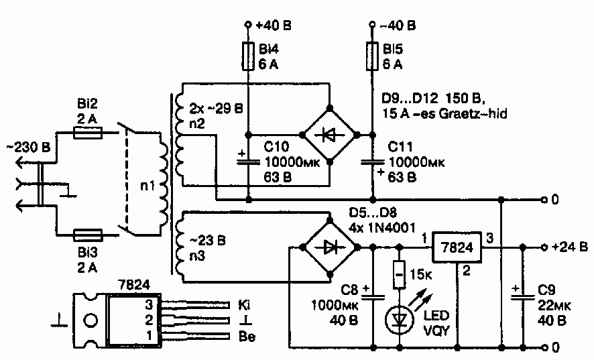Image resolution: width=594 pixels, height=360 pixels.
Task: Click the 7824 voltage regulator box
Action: [457, 247]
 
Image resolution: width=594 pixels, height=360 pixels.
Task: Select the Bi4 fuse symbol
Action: [248, 56]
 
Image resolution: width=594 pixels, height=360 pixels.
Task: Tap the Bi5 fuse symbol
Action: [372, 56]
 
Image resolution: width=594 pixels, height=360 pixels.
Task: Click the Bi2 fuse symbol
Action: [88, 133]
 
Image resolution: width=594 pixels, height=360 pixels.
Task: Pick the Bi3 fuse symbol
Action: [88, 235]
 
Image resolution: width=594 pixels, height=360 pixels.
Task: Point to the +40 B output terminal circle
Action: [248, 25]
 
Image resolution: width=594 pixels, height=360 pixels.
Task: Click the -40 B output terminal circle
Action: [372, 25]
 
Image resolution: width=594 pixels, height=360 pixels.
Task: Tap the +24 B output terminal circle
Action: [544, 247]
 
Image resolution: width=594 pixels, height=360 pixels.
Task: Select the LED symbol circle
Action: [400, 320]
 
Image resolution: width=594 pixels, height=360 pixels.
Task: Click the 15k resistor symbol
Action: [400, 274]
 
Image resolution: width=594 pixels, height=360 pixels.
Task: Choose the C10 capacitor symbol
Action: [248, 162]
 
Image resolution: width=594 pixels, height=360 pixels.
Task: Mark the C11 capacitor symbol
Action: [372, 162]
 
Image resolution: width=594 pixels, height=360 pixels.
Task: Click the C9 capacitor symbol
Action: [523, 296]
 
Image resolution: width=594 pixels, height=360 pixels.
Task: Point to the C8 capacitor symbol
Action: [373, 296]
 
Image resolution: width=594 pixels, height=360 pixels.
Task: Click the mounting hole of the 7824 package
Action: [91, 320]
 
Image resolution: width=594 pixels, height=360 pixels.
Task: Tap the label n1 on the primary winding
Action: [147, 186]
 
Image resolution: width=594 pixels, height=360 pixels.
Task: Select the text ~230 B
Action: [28, 147]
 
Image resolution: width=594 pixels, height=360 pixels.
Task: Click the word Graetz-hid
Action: [473, 113]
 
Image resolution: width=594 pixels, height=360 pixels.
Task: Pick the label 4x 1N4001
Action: [382, 228]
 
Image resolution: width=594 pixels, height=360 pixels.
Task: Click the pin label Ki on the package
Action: [244, 304]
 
